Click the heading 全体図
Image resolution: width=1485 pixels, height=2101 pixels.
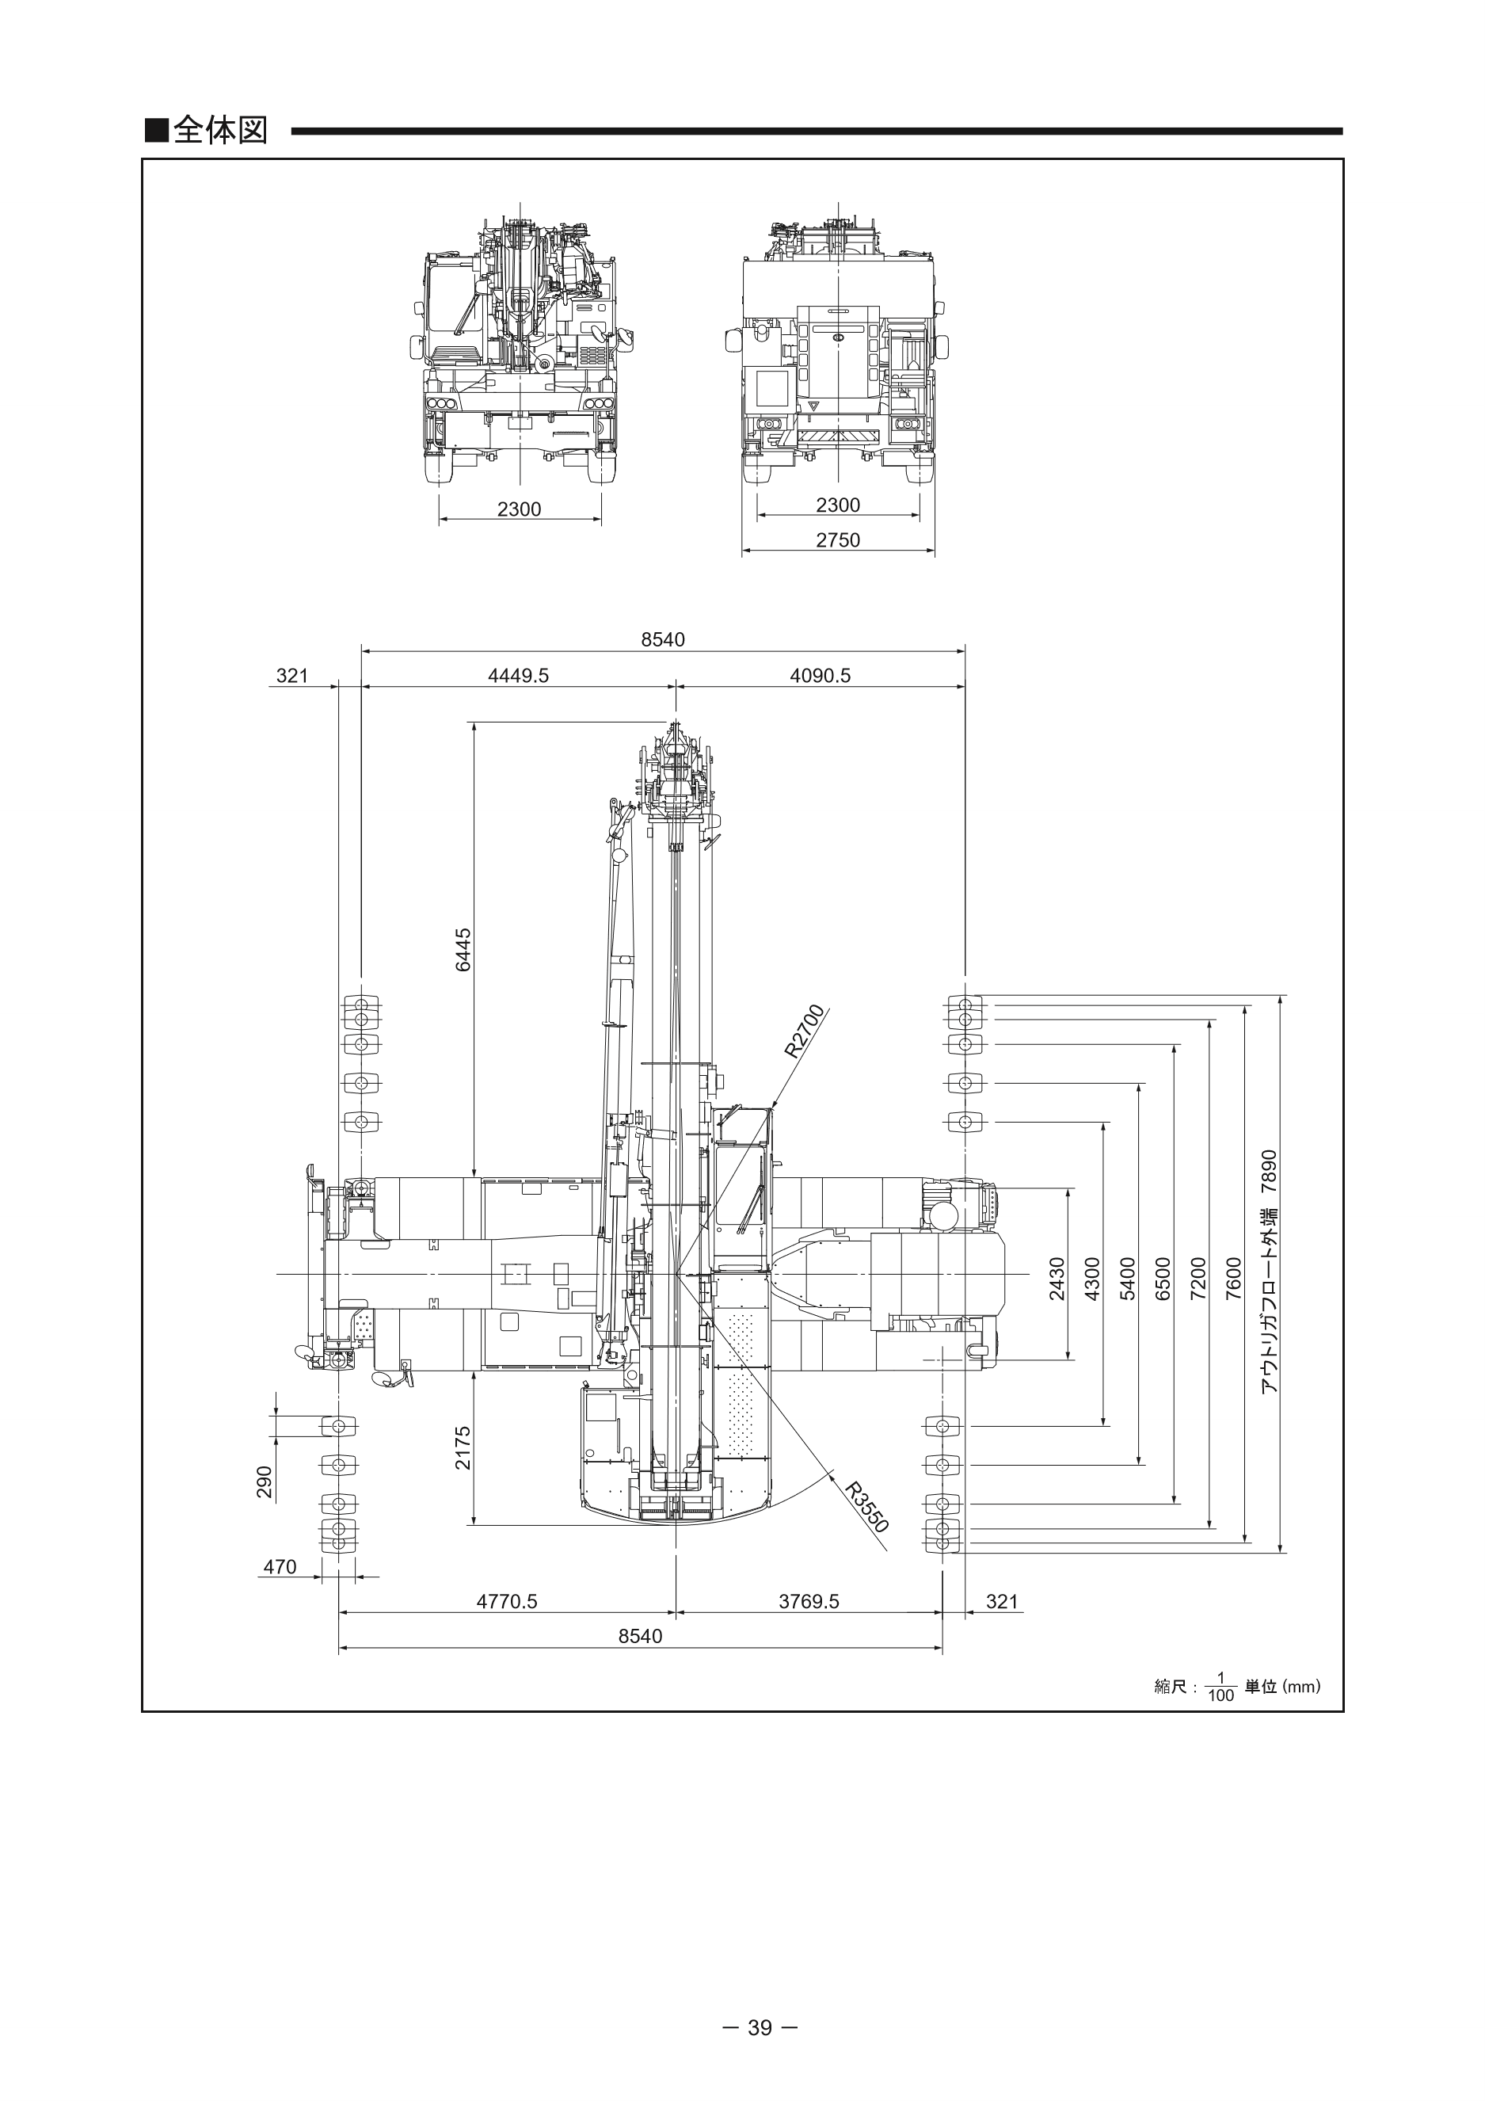pyautogui.click(x=219, y=131)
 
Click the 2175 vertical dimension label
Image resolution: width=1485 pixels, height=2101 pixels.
pyautogui.click(x=464, y=1447)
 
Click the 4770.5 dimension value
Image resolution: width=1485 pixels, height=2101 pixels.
pyautogui.click(x=507, y=1601)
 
